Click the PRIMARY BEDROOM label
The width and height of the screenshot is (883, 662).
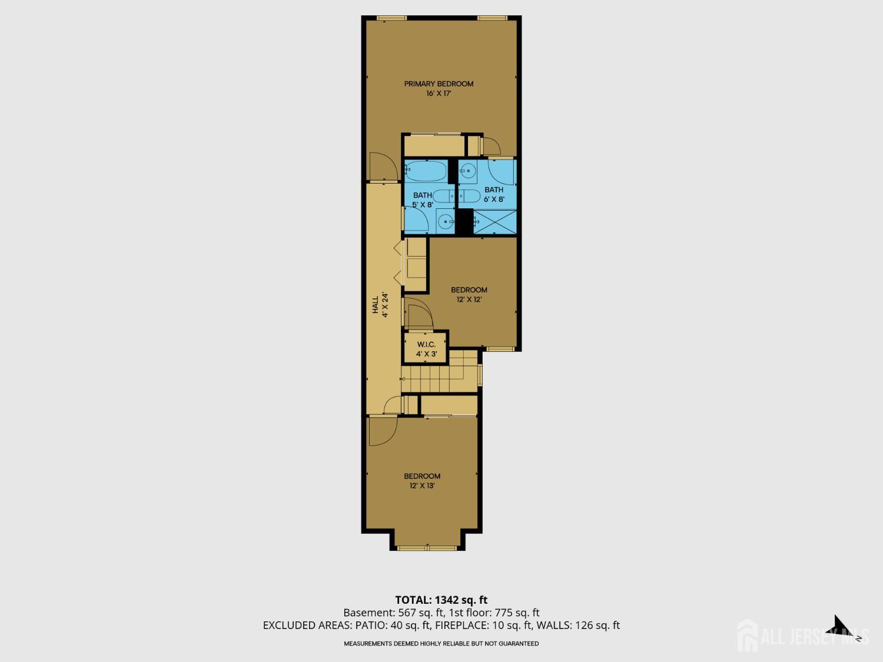(x=439, y=84)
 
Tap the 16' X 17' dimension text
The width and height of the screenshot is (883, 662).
(x=439, y=93)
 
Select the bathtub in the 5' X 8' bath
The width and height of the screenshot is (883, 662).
(x=426, y=171)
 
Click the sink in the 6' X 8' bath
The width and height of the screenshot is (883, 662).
(x=468, y=171)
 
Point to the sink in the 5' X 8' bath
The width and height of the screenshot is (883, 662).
(x=445, y=221)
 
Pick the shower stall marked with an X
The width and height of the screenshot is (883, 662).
(x=495, y=221)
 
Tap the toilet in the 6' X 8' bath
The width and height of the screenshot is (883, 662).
(x=469, y=196)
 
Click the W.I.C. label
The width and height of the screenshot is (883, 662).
(x=426, y=344)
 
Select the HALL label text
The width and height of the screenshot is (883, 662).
(x=376, y=305)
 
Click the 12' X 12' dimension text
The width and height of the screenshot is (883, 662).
(x=469, y=300)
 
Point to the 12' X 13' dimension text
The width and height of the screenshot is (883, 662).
(x=422, y=485)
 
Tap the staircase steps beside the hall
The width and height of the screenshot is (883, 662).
(x=439, y=371)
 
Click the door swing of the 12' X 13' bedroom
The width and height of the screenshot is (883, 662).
(x=383, y=431)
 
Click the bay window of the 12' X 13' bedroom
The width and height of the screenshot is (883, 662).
(x=427, y=548)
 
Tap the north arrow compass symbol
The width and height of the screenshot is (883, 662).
(x=845, y=627)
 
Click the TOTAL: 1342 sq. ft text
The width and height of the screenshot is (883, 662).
(x=441, y=600)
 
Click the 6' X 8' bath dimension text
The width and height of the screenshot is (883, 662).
(x=494, y=199)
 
